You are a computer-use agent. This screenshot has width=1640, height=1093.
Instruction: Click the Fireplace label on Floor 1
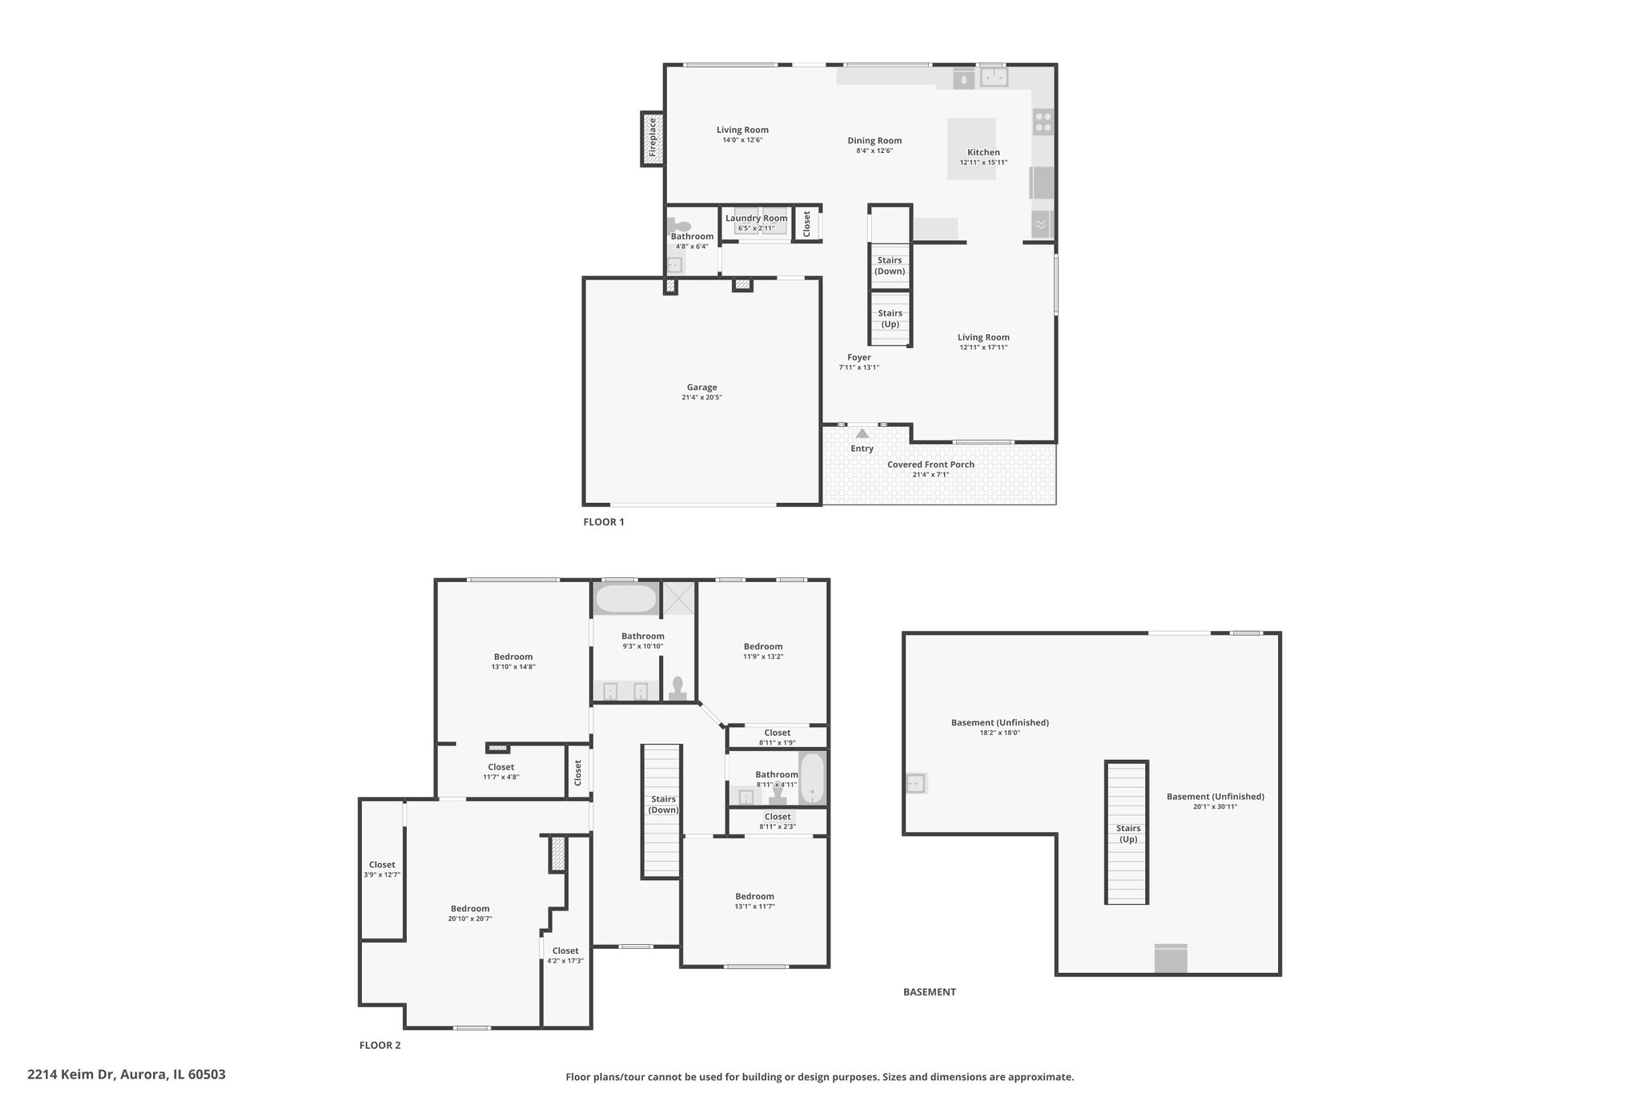(x=652, y=137)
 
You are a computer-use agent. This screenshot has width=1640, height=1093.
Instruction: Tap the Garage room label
(x=701, y=388)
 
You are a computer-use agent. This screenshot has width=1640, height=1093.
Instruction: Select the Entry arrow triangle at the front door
(x=862, y=433)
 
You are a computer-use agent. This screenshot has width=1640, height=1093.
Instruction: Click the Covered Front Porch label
(x=931, y=464)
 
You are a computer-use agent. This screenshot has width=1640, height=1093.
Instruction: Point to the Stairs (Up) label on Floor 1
(x=890, y=319)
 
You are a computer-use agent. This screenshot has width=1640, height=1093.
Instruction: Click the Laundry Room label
(x=756, y=218)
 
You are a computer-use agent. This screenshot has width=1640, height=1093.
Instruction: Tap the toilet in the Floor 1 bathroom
(x=680, y=226)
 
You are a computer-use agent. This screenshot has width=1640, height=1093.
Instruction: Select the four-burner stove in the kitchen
(x=1043, y=122)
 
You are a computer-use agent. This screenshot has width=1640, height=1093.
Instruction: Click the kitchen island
(x=972, y=149)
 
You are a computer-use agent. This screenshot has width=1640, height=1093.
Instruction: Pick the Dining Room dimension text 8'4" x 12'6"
(x=874, y=151)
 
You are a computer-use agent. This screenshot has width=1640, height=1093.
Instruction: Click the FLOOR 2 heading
(x=380, y=1045)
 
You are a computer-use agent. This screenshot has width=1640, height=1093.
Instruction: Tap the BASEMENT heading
(x=930, y=992)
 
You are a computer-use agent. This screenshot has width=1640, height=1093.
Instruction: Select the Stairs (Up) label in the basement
(x=1127, y=834)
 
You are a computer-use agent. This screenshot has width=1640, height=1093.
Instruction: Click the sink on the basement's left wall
(x=916, y=783)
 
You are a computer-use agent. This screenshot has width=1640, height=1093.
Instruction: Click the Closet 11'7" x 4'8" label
(x=500, y=772)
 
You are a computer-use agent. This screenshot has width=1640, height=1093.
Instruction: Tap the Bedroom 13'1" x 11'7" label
(x=754, y=901)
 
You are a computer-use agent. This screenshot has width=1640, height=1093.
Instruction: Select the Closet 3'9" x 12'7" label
(x=382, y=870)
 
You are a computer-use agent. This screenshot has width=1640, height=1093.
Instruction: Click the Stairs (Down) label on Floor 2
(x=663, y=804)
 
